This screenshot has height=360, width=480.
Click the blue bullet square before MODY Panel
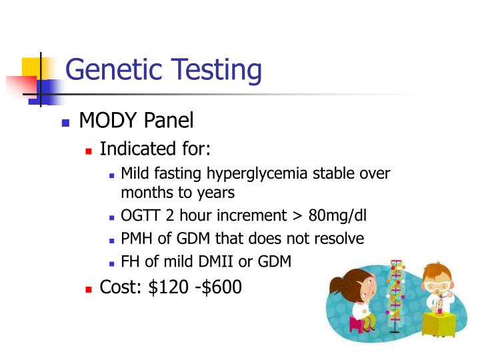tap(65, 123)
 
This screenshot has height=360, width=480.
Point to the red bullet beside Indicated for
tap(88, 150)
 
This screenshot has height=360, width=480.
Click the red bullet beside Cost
tap(88, 289)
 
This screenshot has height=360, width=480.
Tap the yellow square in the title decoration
tap(31, 68)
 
